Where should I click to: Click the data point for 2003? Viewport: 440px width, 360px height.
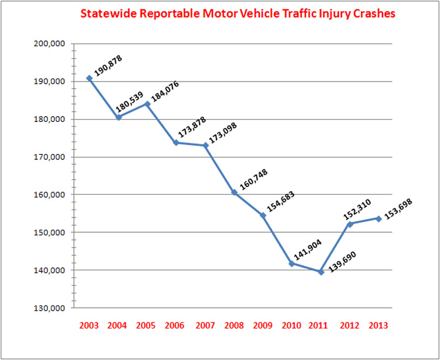pyautogui.click(x=89, y=78)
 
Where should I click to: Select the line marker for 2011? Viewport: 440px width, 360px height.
pyautogui.click(x=321, y=271)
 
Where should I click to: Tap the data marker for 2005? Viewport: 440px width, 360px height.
pyautogui.click(x=147, y=104)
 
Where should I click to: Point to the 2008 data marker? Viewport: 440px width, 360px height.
pyautogui.click(x=234, y=192)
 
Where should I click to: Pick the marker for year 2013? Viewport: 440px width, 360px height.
pyautogui.click(x=379, y=219)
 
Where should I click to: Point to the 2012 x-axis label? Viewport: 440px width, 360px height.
pyautogui.click(x=350, y=325)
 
